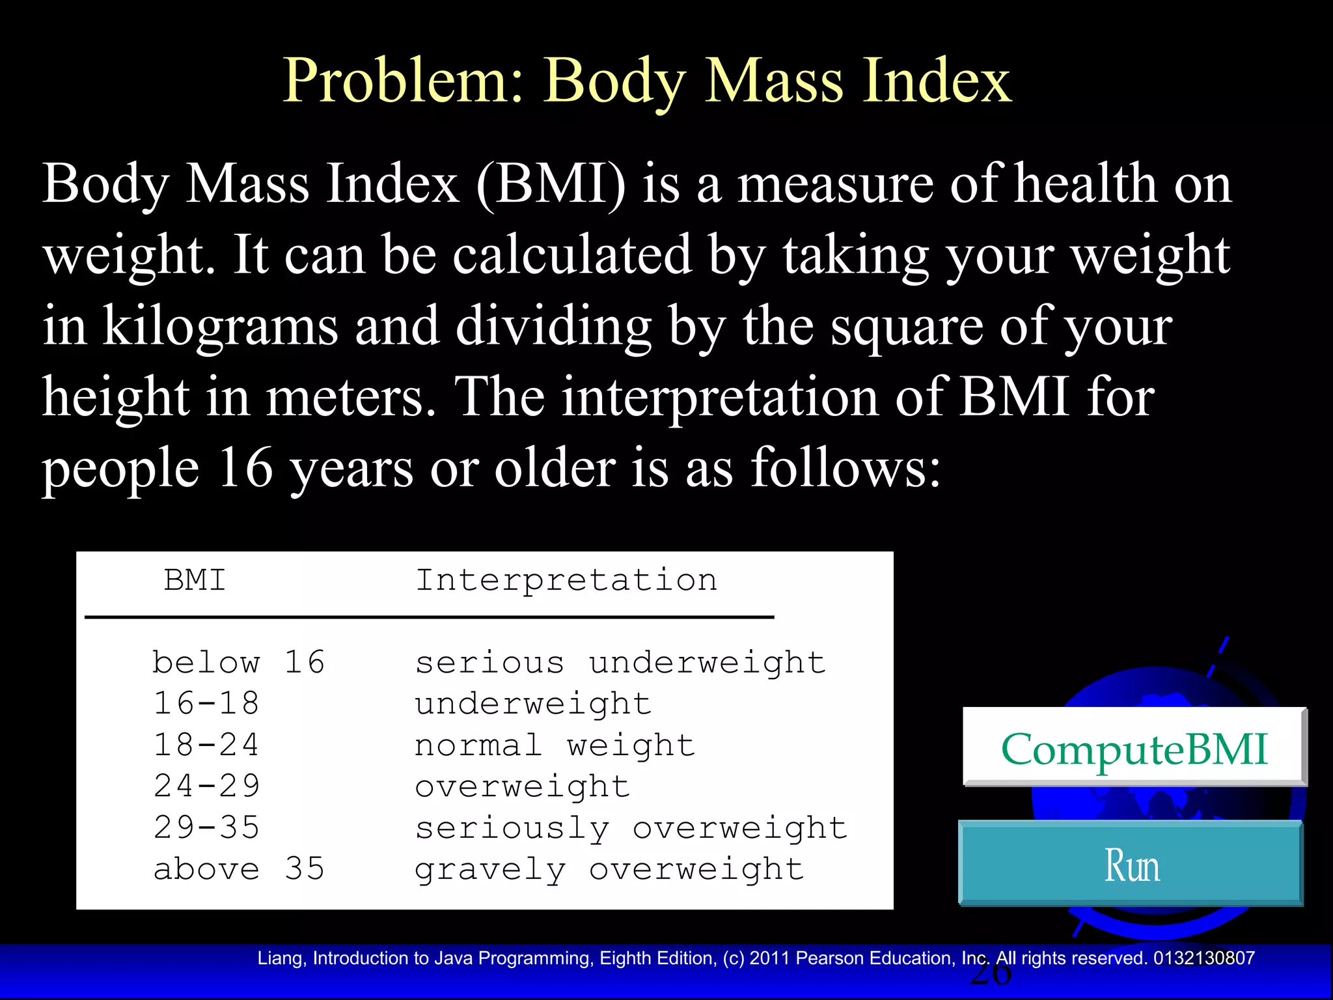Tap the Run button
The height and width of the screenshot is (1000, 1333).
tap(1131, 865)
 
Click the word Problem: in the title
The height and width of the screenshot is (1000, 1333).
tap(404, 81)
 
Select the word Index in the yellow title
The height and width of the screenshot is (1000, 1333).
tap(937, 81)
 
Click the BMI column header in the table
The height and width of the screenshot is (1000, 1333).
tap(195, 579)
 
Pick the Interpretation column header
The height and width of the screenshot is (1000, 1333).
tap(566, 579)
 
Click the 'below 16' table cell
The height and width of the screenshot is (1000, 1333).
tap(238, 663)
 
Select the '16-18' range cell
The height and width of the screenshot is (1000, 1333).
tap(206, 704)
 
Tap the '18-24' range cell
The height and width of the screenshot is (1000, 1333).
tap(206, 745)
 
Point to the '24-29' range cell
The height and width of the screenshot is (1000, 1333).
tap(206, 786)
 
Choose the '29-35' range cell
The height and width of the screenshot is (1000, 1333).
tap(206, 827)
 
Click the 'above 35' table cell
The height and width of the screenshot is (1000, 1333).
tap(238, 869)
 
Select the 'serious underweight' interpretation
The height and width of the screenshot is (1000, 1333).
tap(620, 663)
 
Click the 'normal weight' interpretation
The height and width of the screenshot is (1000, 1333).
tap(555, 745)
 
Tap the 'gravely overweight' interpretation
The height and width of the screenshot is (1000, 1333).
tap(609, 869)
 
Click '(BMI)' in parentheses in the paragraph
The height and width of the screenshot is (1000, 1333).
tap(551, 185)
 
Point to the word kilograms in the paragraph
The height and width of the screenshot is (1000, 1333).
tap(221, 326)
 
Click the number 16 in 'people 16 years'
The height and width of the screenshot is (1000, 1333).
tap(245, 467)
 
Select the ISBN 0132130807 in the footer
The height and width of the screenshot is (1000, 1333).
tap(1203, 958)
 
